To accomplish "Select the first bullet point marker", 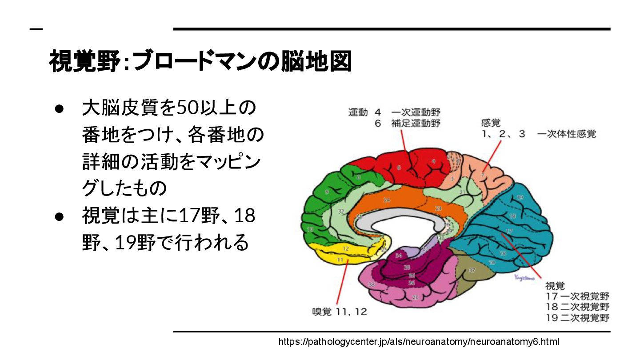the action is (60, 108).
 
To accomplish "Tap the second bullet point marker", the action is (60, 216).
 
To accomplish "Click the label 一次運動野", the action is (416, 112).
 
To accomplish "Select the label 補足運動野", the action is (416, 124).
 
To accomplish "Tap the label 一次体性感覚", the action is (566, 134).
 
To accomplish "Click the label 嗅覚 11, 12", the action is (339, 312).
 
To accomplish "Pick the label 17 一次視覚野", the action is (577, 296).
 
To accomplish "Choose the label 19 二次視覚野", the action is (577, 317).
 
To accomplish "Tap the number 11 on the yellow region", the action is (340, 259).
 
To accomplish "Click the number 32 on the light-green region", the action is (341, 212).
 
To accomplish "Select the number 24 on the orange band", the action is (387, 200).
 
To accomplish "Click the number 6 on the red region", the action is (399, 168).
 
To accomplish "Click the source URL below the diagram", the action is (418, 342).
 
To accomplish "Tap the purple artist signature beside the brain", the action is (523, 277).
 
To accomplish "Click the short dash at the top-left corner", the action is (36, 29).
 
